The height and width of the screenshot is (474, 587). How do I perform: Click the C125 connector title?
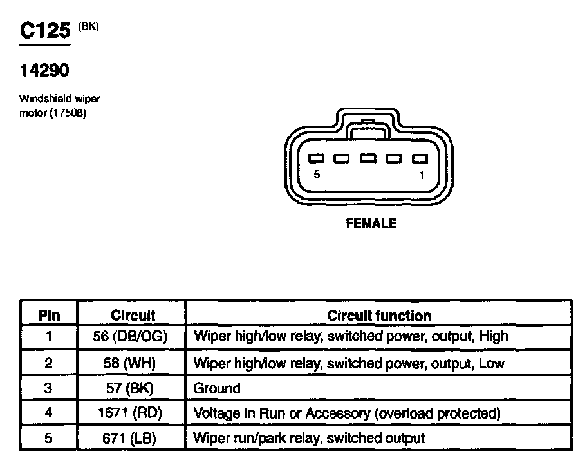click(x=44, y=32)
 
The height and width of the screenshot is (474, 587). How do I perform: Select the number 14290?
click(x=44, y=70)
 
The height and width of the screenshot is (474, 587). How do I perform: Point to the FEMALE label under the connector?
click(x=371, y=224)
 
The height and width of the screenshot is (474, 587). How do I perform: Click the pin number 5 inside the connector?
click(x=317, y=175)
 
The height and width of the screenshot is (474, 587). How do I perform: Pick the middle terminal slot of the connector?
click(x=368, y=158)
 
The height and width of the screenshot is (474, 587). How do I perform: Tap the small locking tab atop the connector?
click(x=368, y=122)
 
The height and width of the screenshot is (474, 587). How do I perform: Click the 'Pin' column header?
click(x=49, y=316)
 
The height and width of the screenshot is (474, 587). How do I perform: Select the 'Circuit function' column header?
click(x=379, y=316)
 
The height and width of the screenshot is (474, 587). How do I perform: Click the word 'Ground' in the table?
click(x=217, y=388)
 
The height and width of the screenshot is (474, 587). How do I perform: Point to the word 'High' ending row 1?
click(x=494, y=336)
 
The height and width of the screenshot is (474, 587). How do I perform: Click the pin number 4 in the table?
click(x=49, y=413)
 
